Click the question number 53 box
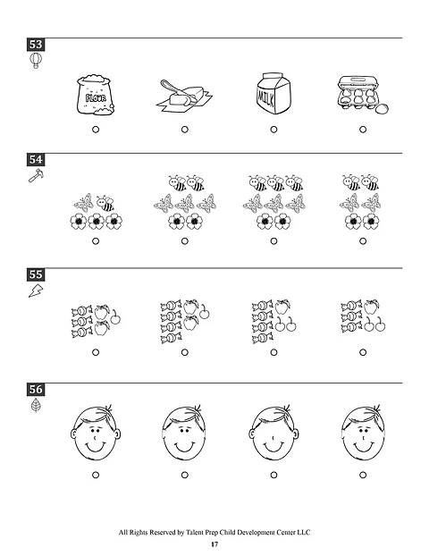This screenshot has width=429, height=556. click(36, 44)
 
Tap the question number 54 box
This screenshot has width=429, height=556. click(36, 159)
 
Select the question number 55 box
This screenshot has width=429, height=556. click(36, 274)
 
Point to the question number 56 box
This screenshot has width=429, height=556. click(36, 390)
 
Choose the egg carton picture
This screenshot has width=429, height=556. click(363, 95)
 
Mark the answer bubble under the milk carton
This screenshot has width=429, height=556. click(273, 130)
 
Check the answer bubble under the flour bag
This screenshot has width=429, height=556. click(95, 130)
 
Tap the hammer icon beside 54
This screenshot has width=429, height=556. click(35, 176)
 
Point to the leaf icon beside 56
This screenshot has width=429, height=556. click(35, 407)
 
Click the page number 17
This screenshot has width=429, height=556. click(214, 544)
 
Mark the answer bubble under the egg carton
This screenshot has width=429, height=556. click(363, 130)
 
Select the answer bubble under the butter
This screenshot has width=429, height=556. click(184, 130)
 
